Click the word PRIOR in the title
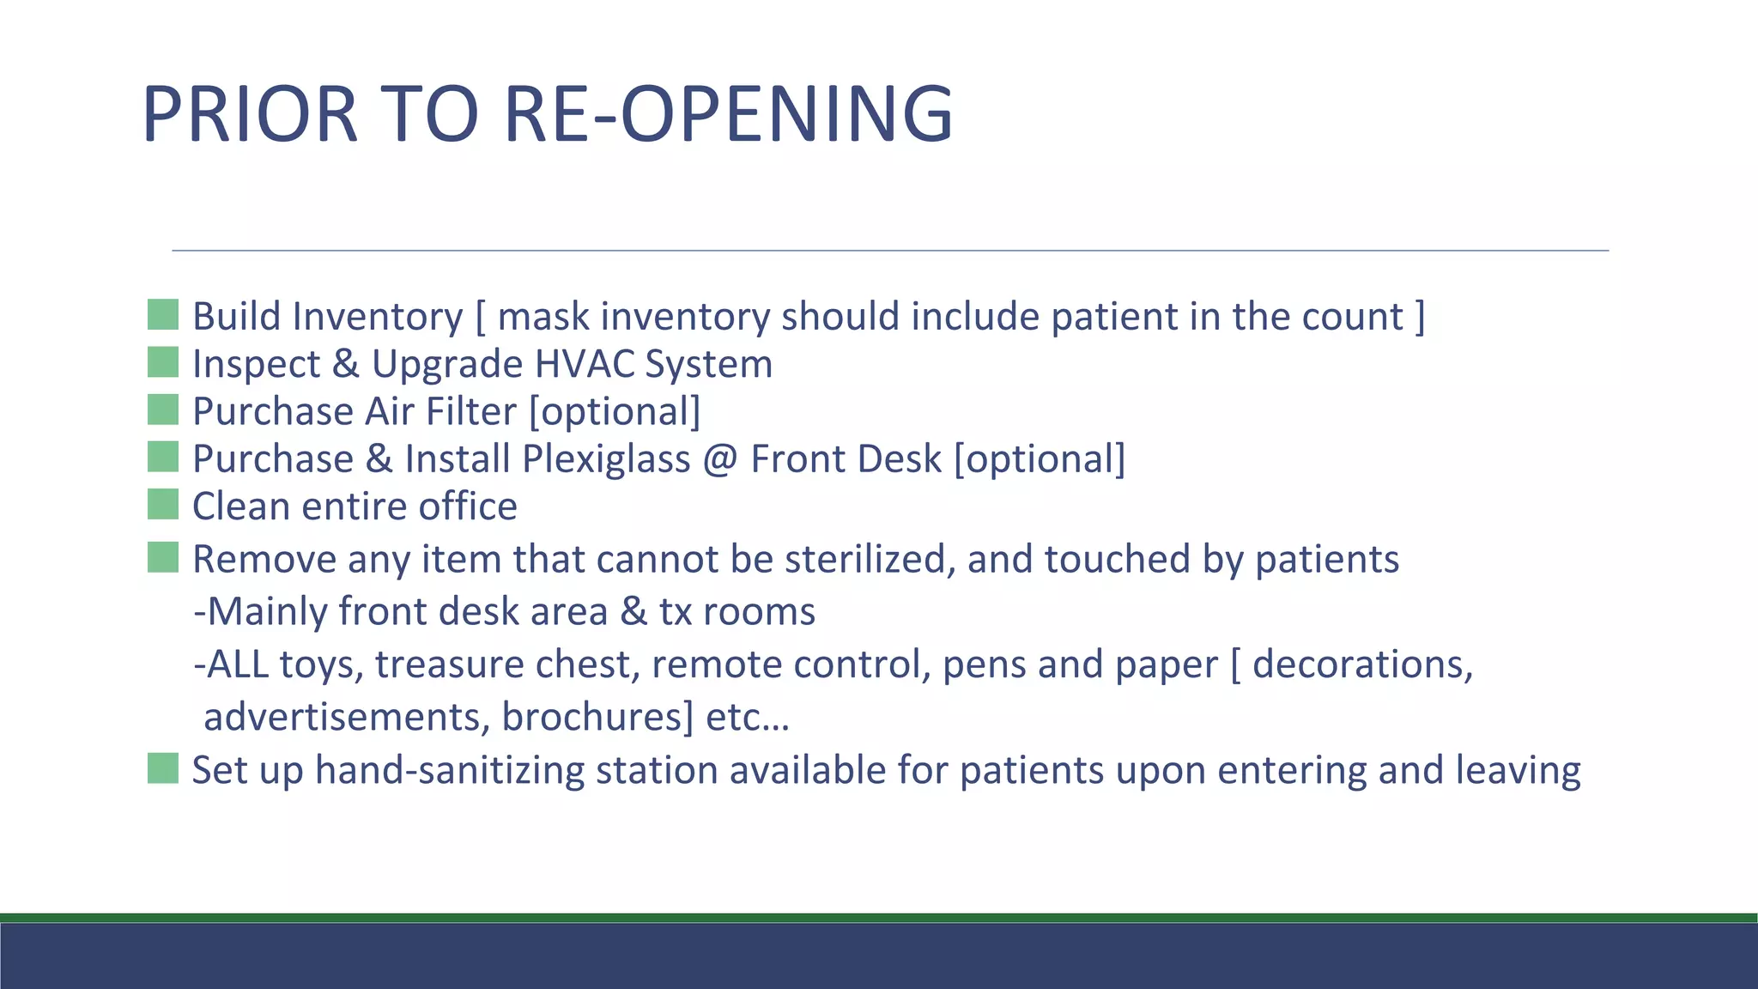point(249,113)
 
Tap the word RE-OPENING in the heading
point(728,113)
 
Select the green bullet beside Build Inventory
point(163,315)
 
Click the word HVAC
point(583,364)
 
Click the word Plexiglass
point(606,458)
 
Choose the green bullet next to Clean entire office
point(163,505)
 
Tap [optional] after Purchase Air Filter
point(615,411)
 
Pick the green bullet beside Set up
point(163,768)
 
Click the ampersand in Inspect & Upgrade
point(345,364)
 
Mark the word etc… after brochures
point(747,717)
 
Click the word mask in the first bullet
point(543,316)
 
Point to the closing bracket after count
point(1420,316)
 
